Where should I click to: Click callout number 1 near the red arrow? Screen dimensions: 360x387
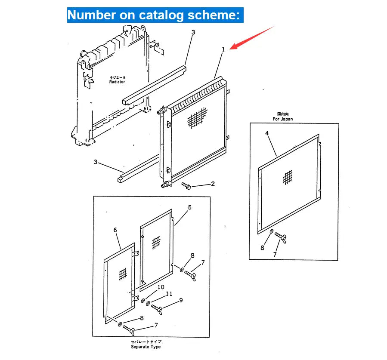[x=223, y=50]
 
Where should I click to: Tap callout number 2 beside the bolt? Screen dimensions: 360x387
[x=212, y=184]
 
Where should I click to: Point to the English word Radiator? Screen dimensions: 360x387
[x=117, y=81]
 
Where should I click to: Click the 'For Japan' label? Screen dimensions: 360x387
[x=282, y=119]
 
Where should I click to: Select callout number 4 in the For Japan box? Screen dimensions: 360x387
[x=267, y=134]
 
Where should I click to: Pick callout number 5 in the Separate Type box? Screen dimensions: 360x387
[x=189, y=207]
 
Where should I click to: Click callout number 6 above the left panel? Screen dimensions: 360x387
[x=115, y=230]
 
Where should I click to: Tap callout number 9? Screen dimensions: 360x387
[x=181, y=300]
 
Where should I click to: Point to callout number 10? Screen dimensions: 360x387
[x=160, y=287]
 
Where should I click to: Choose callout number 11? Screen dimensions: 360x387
[x=169, y=294]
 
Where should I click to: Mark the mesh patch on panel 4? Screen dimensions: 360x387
[x=288, y=178]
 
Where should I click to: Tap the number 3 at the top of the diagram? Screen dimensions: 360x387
[x=193, y=32]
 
